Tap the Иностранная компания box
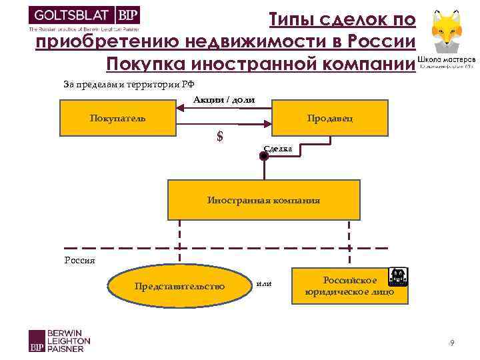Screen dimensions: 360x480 coord(263,200)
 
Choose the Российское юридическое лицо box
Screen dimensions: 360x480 coord(349,286)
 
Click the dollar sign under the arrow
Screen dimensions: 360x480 coord(220,137)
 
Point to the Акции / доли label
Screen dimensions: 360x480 coord(224,100)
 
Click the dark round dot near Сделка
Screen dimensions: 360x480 coord(264,157)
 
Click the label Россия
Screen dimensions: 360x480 coord(79,260)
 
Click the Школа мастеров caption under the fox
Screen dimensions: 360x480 coord(447,61)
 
